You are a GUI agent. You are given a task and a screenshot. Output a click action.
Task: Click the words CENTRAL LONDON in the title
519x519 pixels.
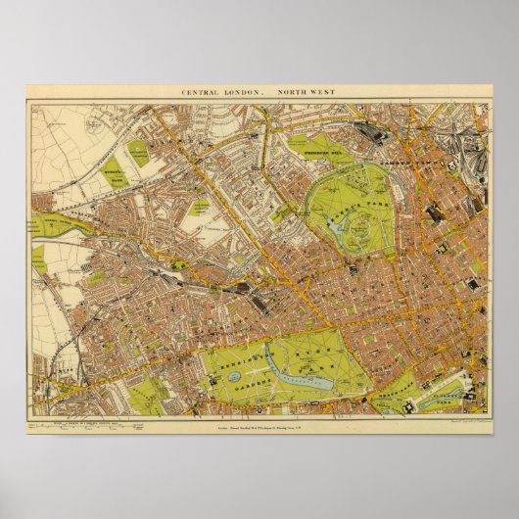click(x=221, y=91)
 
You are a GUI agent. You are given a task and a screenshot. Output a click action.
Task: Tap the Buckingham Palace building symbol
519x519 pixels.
click(x=411, y=391)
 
